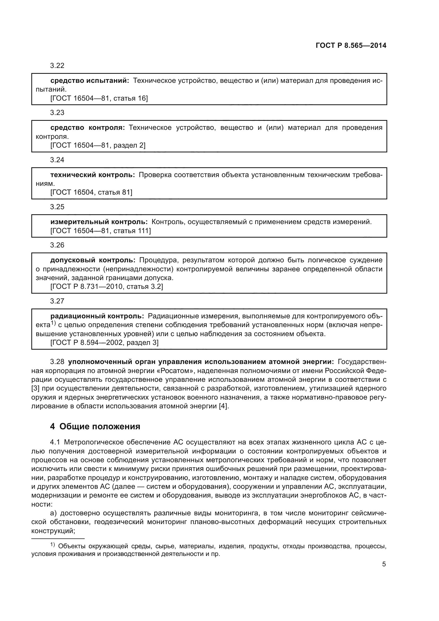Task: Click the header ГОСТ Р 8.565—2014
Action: (x=351, y=45)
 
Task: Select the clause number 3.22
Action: (x=57, y=66)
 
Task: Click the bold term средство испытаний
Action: (x=90, y=81)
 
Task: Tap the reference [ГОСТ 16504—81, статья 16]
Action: (x=99, y=98)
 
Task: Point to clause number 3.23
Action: (x=57, y=113)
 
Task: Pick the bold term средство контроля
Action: (x=88, y=128)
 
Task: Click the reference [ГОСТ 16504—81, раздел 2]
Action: (x=98, y=145)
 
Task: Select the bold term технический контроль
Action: (x=92, y=175)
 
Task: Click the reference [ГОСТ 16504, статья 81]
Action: (x=91, y=192)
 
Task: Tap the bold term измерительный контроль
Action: (x=99, y=222)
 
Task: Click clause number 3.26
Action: (x=57, y=245)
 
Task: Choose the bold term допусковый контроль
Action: (x=93, y=260)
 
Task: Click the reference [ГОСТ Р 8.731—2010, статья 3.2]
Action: (x=106, y=286)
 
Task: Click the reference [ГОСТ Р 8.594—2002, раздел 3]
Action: (x=104, y=342)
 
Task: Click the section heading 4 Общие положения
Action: (x=95, y=427)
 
